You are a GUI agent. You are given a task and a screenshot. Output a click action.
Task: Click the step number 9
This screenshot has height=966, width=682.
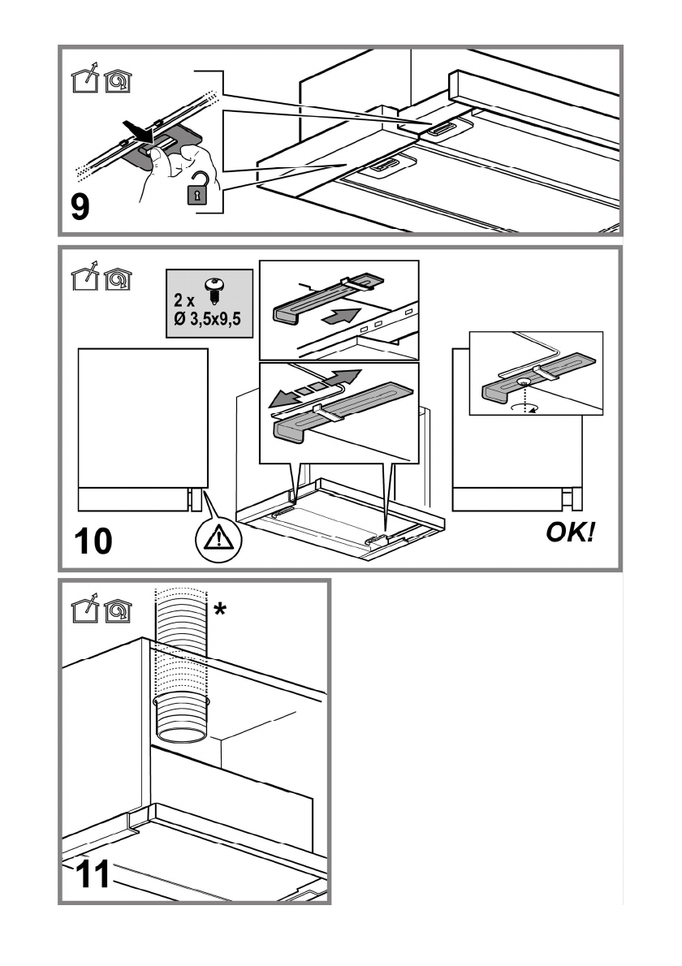pos(80,206)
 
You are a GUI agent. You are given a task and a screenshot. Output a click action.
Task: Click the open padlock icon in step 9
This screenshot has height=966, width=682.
pos(198,188)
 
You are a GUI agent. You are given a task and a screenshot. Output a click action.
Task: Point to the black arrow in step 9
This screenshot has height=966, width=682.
pos(138,130)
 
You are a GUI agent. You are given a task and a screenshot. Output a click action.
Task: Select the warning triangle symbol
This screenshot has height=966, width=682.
pos(218,538)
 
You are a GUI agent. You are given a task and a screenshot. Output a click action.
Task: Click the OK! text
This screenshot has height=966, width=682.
pos(571,532)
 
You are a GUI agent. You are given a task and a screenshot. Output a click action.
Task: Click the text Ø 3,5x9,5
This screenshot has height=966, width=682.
pos(207,319)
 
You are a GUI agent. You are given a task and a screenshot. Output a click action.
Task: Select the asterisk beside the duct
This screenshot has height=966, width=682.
pos(220,610)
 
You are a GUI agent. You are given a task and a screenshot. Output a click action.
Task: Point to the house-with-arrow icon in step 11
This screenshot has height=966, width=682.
pos(85,610)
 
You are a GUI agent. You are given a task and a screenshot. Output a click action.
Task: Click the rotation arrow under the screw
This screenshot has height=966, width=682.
pos(524,408)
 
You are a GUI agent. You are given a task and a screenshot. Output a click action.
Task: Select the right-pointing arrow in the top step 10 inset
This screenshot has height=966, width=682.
pos(341,317)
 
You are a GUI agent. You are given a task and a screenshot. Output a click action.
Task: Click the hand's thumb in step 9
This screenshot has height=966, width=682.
pos(158,158)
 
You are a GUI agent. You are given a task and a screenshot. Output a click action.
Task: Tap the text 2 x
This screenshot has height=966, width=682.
pos(183,300)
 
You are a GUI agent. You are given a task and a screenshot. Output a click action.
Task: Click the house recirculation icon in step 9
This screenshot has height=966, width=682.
pos(118,80)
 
